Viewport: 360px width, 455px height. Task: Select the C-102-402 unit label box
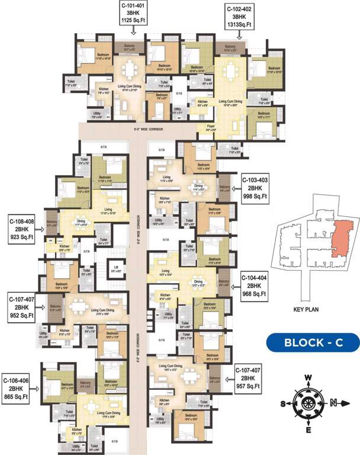tap(242, 17)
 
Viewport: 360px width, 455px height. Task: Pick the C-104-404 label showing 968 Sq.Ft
tap(255, 285)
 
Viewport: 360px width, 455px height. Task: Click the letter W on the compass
tap(308, 377)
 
